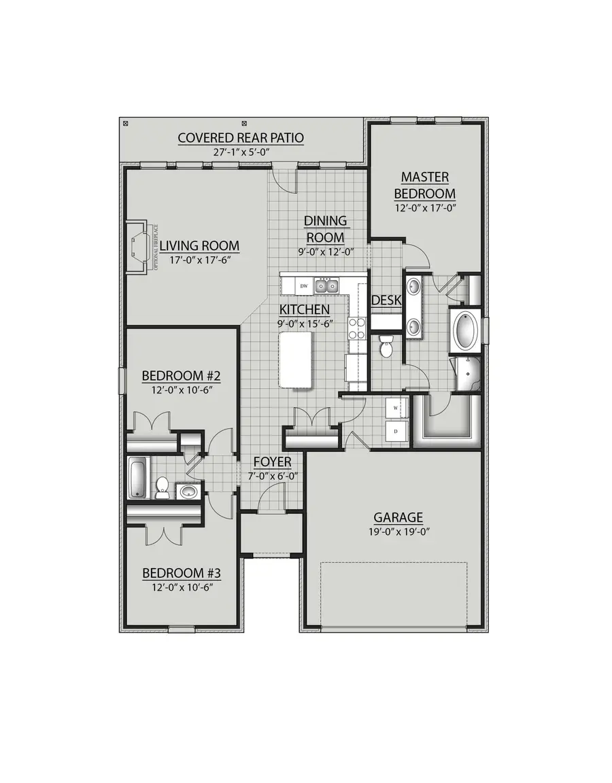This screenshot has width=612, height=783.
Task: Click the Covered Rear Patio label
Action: point(241,138)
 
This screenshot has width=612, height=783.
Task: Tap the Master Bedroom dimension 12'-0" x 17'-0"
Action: point(424,208)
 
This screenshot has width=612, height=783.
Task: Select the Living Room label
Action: point(199,246)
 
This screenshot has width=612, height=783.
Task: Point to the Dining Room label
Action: point(325,229)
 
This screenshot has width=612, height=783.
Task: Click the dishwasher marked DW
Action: point(305,286)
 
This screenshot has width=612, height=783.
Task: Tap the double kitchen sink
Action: point(326,286)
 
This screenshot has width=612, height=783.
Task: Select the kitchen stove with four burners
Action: point(357,329)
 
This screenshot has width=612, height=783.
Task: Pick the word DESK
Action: point(386,300)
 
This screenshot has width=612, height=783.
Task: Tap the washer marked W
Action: point(394,408)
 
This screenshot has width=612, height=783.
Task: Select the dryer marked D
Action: point(394,431)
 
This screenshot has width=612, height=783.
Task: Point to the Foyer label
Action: point(272,462)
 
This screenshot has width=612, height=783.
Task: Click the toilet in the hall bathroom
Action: point(163,487)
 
